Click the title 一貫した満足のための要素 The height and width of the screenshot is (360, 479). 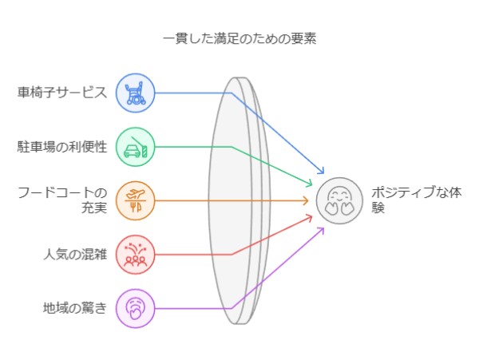click(x=239, y=38)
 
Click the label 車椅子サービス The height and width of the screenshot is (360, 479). click(x=62, y=92)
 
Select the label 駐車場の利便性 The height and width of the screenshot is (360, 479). click(x=62, y=147)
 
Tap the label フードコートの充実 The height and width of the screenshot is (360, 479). click(x=62, y=200)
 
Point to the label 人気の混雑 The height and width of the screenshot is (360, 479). click(x=74, y=255)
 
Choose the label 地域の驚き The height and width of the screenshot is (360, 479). click(x=74, y=307)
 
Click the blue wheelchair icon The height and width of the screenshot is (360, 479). click(x=135, y=92)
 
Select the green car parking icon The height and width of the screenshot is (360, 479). click(x=135, y=147)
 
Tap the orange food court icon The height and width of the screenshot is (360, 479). click(x=135, y=200)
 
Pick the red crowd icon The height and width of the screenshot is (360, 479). click(x=135, y=255)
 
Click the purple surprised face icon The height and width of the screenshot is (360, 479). click(x=135, y=308)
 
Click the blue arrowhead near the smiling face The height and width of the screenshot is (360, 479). click(x=322, y=172)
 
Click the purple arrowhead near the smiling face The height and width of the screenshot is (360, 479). click(x=322, y=229)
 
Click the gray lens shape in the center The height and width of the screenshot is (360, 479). click(x=236, y=200)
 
